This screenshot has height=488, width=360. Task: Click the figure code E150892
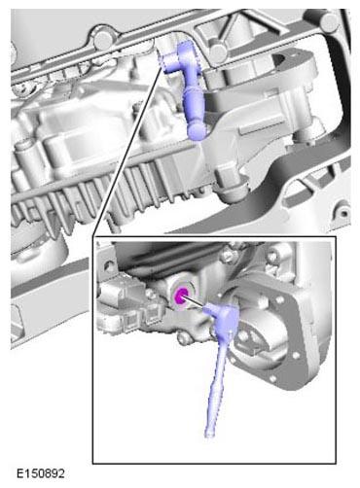pos(41,473)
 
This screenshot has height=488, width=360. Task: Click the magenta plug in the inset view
pos(181,296)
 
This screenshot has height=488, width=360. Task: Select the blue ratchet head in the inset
pos(224,315)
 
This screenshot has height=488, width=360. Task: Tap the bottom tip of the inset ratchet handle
pos(209,435)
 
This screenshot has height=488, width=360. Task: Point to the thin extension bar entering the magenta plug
pos(196,302)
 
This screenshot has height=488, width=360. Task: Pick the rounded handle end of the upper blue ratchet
pos(197,132)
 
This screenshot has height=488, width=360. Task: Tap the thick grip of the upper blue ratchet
pos(193,104)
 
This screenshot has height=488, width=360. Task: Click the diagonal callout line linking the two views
pos(126,152)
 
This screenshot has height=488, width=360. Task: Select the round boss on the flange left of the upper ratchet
pos(103,39)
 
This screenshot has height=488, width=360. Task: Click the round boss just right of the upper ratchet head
pos(216,52)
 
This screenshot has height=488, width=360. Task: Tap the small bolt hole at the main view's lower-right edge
pos(343,213)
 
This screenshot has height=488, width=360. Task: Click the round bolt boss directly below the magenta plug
pos(183,337)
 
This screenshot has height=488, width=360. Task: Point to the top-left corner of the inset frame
pos(92,236)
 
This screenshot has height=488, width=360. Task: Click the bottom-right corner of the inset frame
pos(336,464)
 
